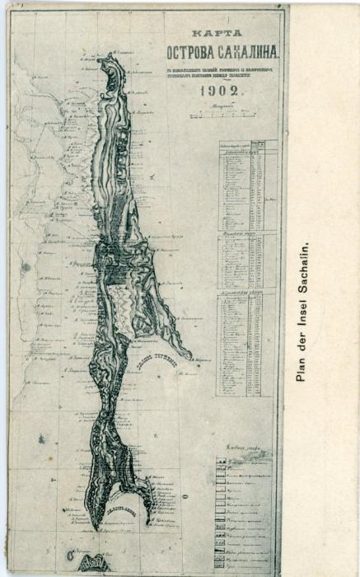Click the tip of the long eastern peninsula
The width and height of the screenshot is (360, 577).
pyautogui.click(x=189, y=357)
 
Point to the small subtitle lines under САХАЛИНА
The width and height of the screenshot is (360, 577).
pyautogui.click(x=235, y=72)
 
